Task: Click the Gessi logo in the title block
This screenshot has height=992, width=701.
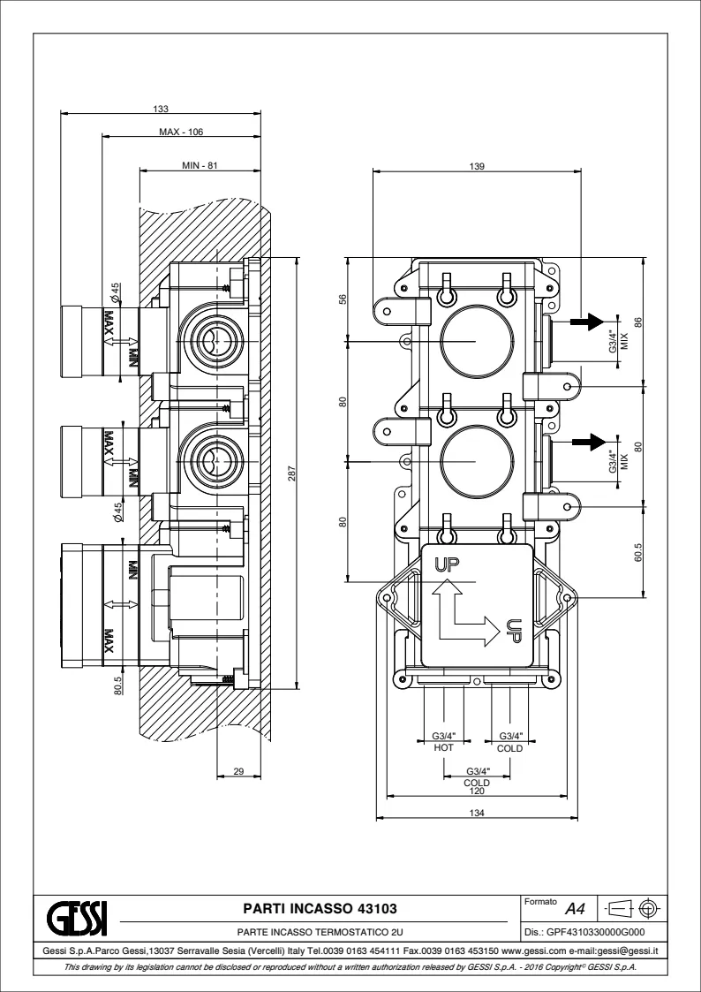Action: (x=78, y=920)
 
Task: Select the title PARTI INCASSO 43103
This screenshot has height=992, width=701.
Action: (x=319, y=908)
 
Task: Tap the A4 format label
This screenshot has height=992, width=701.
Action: (x=576, y=908)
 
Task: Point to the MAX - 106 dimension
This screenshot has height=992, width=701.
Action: (x=182, y=132)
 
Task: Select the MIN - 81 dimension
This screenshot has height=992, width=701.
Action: (x=200, y=166)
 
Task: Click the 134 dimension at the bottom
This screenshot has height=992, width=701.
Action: (x=477, y=813)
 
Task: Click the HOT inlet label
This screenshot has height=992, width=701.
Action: (x=443, y=748)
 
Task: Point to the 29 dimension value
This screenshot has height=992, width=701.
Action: (x=238, y=771)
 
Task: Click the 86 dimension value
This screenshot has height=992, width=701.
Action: (x=637, y=322)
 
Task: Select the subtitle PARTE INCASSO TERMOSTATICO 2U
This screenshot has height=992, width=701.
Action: (x=319, y=932)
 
